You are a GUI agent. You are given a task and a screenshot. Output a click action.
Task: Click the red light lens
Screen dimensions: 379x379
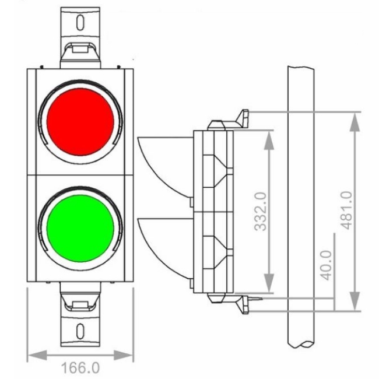pyautogui.click(x=80, y=122)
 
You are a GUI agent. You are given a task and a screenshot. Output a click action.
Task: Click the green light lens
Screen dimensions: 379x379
pyautogui.click(x=80, y=229)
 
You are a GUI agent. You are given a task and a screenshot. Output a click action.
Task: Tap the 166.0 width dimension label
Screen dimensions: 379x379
pyautogui.click(x=80, y=368)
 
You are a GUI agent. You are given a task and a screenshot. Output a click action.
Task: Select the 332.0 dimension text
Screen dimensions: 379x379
pyautogui.click(x=261, y=212)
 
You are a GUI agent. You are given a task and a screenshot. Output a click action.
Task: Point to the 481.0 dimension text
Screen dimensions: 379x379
pyautogui.click(x=346, y=210)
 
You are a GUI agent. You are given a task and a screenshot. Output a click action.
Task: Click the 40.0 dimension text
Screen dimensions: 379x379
pyautogui.click(x=326, y=265)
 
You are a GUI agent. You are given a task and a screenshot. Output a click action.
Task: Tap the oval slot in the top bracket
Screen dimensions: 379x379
pyautogui.click(x=80, y=23)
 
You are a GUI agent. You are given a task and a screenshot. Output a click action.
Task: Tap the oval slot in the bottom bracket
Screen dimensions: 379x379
pyautogui.click(x=80, y=331)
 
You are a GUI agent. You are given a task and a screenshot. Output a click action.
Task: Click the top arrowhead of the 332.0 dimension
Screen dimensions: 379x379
pyautogui.click(x=269, y=140)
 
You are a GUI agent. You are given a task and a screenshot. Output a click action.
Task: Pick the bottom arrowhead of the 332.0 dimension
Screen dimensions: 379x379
pyautogui.click(x=269, y=283)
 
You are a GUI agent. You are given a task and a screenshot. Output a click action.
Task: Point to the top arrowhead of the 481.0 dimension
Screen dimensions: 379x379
pyautogui.click(x=355, y=122)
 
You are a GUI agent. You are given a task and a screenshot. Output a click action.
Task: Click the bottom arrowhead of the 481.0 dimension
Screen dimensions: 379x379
pyautogui.click(x=355, y=301)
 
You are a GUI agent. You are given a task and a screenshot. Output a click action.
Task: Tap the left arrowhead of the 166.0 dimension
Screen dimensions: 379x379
pyautogui.click(x=37, y=355)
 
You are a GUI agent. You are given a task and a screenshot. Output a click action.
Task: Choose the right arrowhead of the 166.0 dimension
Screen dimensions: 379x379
pyautogui.click(x=123, y=355)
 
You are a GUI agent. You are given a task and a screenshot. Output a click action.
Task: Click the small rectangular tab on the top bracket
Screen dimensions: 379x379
pyautogui.click(x=80, y=49)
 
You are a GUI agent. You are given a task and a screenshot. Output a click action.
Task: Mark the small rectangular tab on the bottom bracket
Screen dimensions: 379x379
pyautogui.click(x=80, y=304)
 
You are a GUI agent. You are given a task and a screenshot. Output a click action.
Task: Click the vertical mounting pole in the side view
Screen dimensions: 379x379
pyautogui.click(x=301, y=206)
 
